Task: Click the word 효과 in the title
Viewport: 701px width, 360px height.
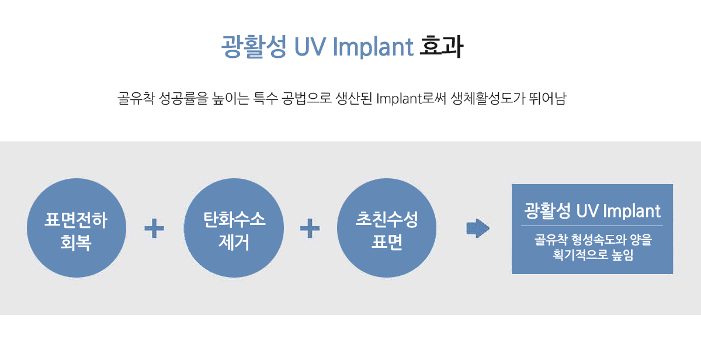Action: pos(441,47)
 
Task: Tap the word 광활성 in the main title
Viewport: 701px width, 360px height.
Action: pos(254,47)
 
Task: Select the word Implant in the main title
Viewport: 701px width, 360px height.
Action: pos(373,47)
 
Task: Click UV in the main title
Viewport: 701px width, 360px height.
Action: pos(310,47)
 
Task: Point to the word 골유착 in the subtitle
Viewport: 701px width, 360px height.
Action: pos(136,98)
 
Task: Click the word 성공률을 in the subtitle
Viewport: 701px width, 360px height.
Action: pos(183,98)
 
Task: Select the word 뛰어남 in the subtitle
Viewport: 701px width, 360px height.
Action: pos(548,98)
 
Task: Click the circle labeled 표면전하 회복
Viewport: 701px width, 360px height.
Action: pos(77,228)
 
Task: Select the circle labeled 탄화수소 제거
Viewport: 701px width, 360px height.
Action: pos(234,228)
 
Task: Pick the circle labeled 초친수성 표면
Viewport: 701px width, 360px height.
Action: pos(387,228)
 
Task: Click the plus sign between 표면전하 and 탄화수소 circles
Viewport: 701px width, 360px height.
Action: pos(154,228)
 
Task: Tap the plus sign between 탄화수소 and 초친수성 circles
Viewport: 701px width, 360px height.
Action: pos(310,228)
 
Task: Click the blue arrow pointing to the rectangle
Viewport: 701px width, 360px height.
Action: pos(478,228)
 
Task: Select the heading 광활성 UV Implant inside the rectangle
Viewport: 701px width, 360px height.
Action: pos(592,210)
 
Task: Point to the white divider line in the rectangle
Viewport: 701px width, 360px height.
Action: pos(592,226)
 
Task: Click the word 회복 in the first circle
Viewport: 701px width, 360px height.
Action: pos(76,243)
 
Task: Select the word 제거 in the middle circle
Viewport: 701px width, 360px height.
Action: pos(234,242)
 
